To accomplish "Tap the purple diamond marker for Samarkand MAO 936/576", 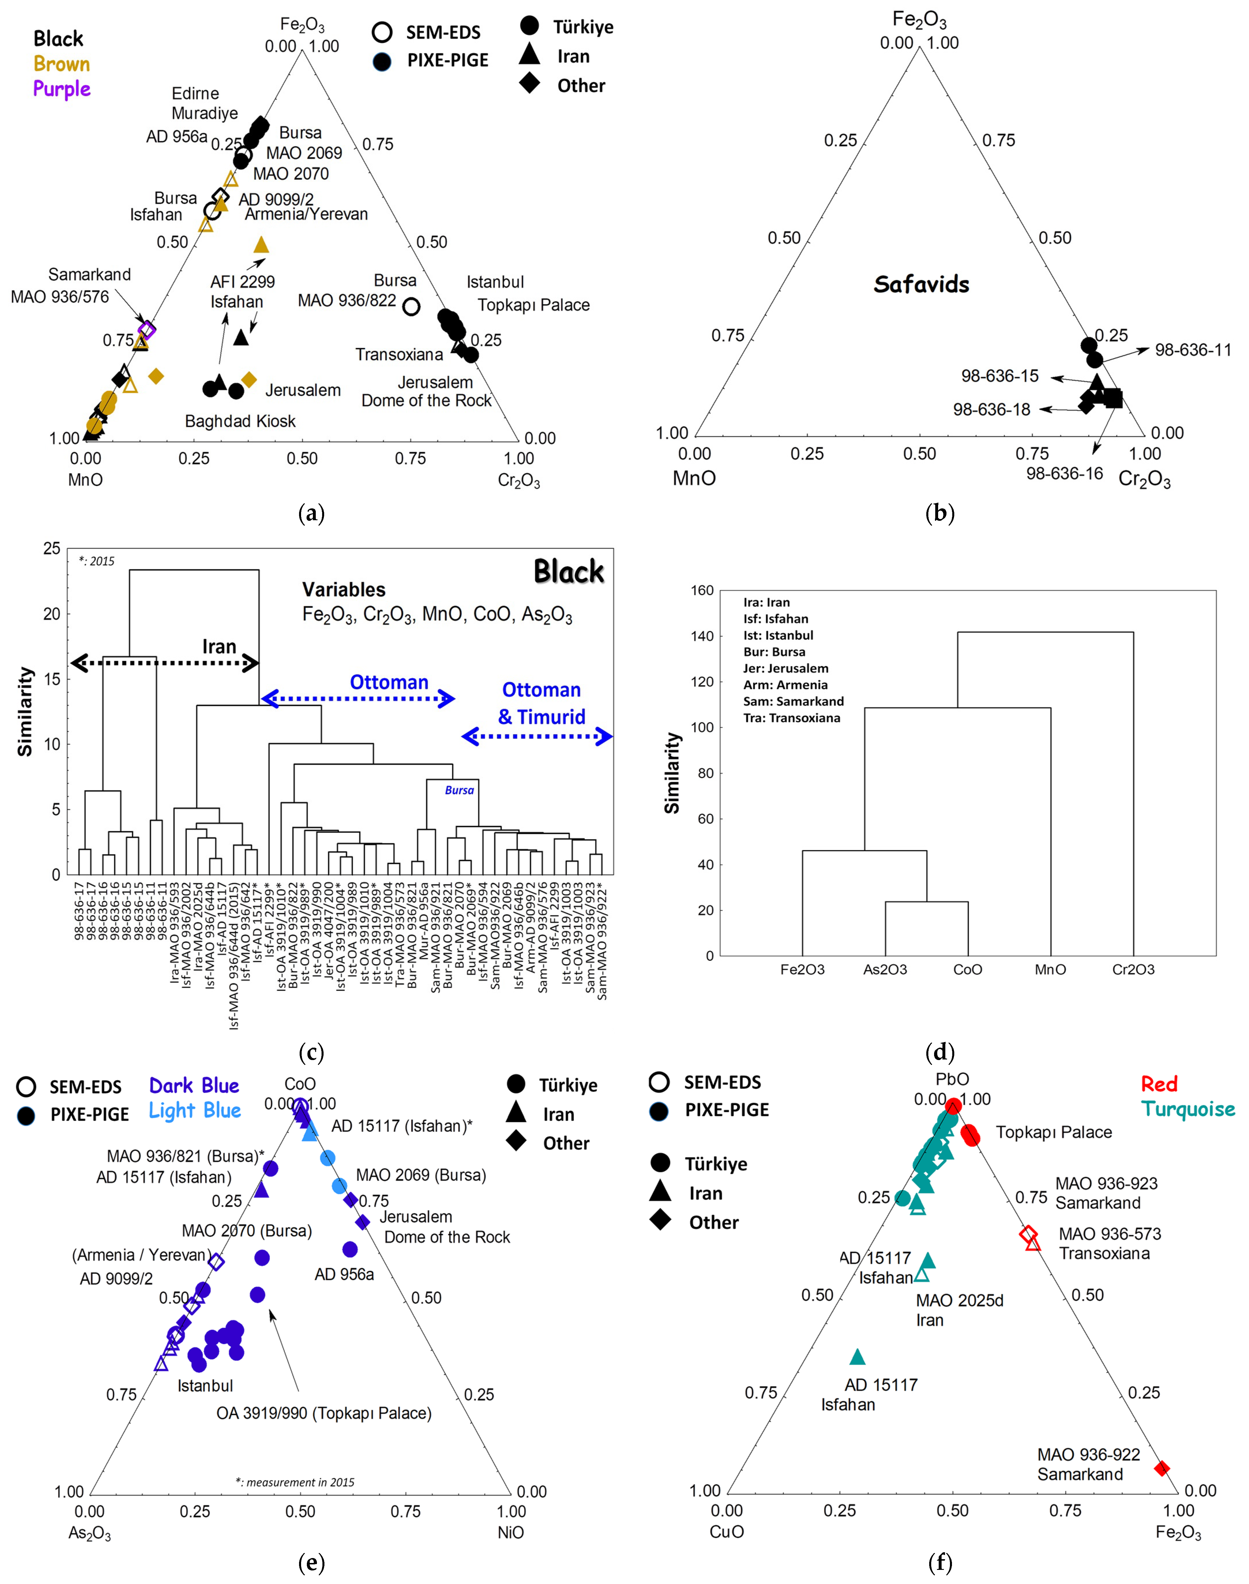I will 147,329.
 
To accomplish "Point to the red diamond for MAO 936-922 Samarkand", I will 1161,1468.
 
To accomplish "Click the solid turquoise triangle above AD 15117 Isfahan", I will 858,1357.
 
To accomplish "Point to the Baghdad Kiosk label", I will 240,421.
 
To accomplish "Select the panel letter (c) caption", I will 311,1052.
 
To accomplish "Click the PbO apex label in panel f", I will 952,1079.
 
